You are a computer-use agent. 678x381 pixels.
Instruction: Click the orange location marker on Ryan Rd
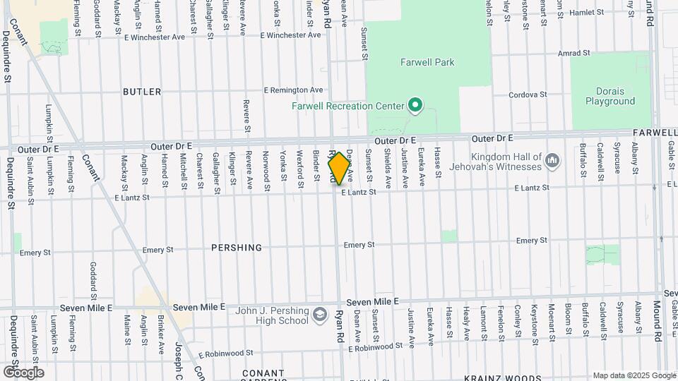339,169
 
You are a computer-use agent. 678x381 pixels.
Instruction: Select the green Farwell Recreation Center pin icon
416,107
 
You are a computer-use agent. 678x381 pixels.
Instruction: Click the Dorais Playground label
610,96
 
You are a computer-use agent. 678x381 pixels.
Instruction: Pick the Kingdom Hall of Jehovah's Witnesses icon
553,162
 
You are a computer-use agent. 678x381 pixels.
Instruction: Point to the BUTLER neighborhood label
142,92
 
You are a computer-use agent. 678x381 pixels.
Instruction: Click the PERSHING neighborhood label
237,248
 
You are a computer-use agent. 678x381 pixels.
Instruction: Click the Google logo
23,373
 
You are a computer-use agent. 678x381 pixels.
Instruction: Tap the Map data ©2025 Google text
634,375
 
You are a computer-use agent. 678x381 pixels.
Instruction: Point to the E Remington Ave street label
293,90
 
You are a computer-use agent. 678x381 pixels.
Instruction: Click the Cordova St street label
529,95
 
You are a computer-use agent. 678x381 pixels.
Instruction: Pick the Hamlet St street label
588,12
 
